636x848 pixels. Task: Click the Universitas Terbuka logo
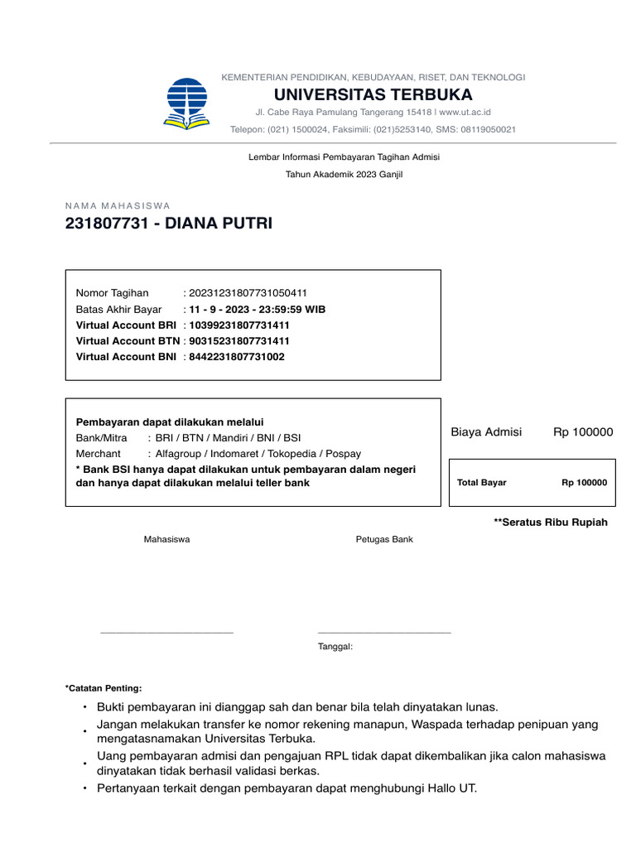pyautogui.click(x=186, y=104)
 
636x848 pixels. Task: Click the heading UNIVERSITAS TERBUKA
pyautogui.click(x=373, y=94)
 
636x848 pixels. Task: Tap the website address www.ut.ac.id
pyautogui.click(x=465, y=112)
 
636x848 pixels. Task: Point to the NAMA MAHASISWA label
pyautogui.click(x=117, y=205)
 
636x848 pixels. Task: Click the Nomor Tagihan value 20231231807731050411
pyautogui.click(x=248, y=293)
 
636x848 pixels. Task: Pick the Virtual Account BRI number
pyautogui.click(x=239, y=325)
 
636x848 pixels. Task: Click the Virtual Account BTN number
pyautogui.click(x=239, y=341)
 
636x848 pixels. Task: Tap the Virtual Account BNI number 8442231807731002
pyautogui.click(x=237, y=357)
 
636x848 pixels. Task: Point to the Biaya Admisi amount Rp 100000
pyautogui.click(x=583, y=432)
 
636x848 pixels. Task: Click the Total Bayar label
pyautogui.click(x=481, y=483)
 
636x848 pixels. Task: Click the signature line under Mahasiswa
pyautogui.click(x=166, y=633)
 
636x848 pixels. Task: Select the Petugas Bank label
pyautogui.click(x=384, y=540)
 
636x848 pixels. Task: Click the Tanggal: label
pyautogui.click(x=335, y=647)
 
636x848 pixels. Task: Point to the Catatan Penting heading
pyautogui.click(x=104, y=688)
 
